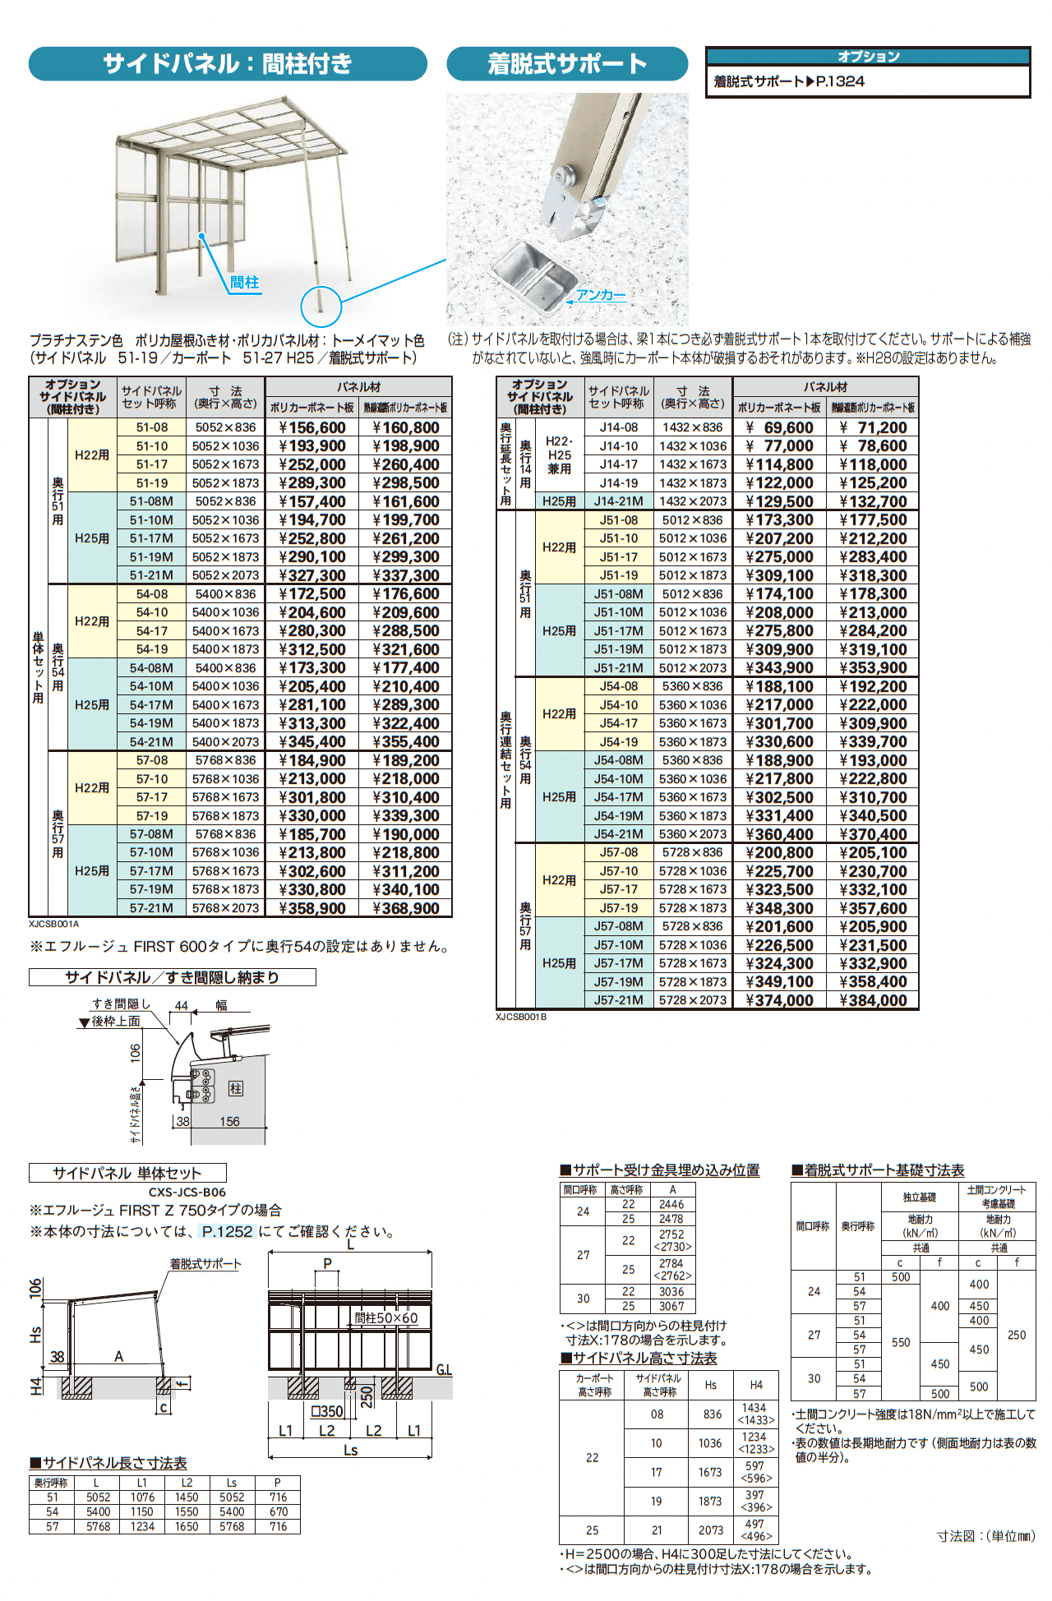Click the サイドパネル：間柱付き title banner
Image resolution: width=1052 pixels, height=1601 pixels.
pyautogui.click(x=228, y=63)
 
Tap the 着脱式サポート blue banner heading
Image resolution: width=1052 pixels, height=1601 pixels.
pyautogui.click(x=567, y=63)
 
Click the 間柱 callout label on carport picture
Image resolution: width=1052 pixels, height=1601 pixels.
pyautogui.click(x=244, y=283)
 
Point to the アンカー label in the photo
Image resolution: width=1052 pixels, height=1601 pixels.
pyautogui.click(x=601, y=295)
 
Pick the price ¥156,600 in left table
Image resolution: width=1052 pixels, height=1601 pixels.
pyautogui.click(x=312, y=427)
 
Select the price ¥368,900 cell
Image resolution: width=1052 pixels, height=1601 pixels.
pyautogui.click(x=406, y=908)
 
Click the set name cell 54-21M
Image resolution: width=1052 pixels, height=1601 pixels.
pyautogui.click(x=151, y=741)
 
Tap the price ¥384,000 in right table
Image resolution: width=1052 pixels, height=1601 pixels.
pyautogui.click(x=873, y=1000)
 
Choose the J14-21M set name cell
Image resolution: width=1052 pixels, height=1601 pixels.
pyautogui.click(x=618, y=501)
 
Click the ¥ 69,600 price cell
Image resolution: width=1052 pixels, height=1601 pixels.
pyautogui.click(x=779, y=427)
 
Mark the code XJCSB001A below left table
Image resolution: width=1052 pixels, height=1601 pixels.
pyautogui.click(x=53, y=924)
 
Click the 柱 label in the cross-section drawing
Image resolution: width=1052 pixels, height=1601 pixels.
pyautogui.click(x=236, y=1088)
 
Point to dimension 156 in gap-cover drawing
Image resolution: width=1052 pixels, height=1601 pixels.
pyautogui.click(x=229, y=1121)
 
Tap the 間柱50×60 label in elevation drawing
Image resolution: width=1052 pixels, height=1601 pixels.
pyautogui.click(x=386, y=1317)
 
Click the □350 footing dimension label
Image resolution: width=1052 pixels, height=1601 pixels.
pyautogui.click(x=326, y=1411)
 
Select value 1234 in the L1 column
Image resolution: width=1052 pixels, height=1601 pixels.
pyautogui.click(x=142, y=1526)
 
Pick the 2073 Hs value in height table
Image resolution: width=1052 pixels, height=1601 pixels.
pyautogui.click(x=711, y=1530)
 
